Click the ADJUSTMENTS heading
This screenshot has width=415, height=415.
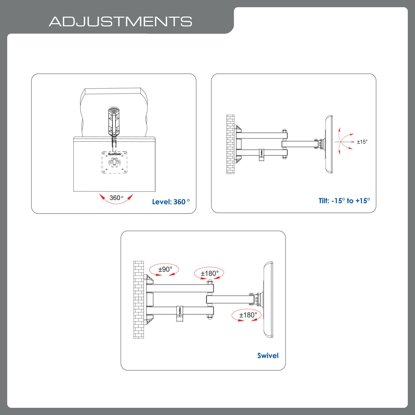[120, 22]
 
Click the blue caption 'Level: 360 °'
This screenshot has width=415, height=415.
[171, 202]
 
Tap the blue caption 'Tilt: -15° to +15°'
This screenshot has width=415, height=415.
[344, 201]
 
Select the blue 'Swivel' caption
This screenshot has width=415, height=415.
[268, 356]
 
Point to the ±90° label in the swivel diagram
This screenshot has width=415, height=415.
[165, 269]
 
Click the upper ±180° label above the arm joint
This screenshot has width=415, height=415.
[209, 273]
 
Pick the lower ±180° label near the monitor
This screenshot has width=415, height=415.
[248, 315]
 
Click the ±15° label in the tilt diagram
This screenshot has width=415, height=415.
[362, 142]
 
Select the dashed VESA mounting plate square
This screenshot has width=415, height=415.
[115, 163]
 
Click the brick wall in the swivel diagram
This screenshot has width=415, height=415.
[139, 300]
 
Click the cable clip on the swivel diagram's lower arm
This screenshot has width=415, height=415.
[179, 313]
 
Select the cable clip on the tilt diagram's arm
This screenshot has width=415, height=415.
[262, 155]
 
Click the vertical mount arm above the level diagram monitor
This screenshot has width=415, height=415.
[114, 122]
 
